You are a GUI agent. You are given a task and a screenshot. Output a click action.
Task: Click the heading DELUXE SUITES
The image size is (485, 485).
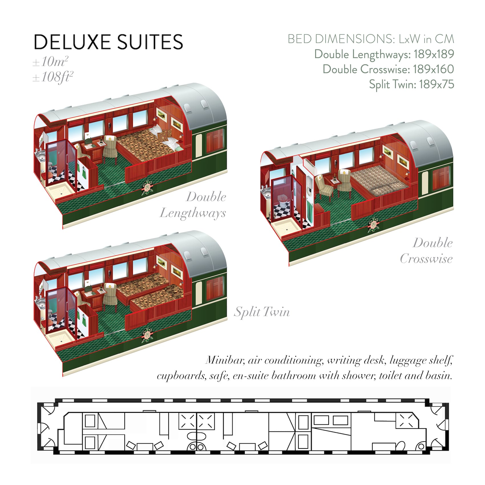(108, 42)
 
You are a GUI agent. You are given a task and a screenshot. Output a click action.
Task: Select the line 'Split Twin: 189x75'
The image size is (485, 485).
(411, 84)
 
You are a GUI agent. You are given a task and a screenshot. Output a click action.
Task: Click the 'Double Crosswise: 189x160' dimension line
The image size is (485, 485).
(388, 69)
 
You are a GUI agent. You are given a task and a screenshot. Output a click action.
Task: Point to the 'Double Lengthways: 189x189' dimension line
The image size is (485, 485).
(384, 54)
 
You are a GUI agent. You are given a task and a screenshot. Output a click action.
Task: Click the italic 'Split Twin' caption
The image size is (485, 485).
(262, 312)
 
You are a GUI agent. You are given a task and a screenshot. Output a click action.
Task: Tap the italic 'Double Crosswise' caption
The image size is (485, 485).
(426, 251)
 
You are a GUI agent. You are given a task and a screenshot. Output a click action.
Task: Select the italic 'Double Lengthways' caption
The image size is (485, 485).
(193, 205)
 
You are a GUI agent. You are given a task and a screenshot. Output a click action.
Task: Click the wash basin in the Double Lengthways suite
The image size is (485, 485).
(40, 156)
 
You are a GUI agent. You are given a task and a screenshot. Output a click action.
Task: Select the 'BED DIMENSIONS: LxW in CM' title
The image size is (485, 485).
(371, 39)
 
